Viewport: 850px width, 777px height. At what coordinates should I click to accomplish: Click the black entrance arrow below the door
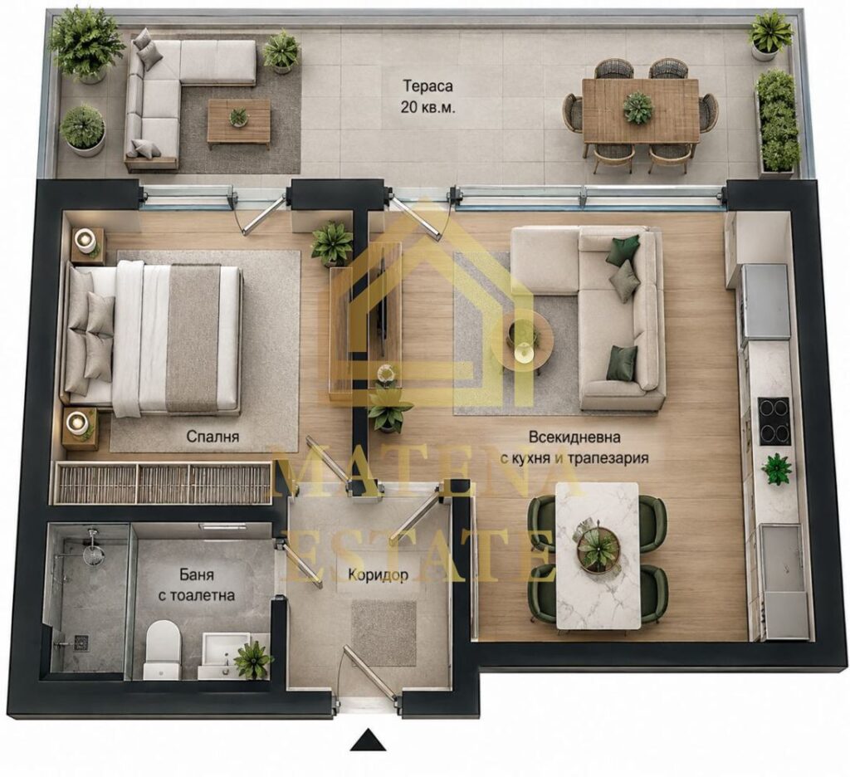tap(368, 740)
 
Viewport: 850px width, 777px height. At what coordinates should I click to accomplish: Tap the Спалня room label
tap(212, 437)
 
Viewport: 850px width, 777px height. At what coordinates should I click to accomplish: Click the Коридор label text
tap(378, 574)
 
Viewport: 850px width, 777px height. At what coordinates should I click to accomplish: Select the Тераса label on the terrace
tap(427, 86)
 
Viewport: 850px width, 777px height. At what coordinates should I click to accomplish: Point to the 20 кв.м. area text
tap(427, 107)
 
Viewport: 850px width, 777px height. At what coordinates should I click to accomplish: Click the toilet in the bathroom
tap(162, 649)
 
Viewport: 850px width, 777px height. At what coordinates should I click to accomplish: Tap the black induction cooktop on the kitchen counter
tap(774, 421)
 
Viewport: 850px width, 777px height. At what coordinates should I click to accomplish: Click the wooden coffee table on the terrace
tap(239, 123)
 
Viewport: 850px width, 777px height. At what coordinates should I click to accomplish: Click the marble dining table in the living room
tap(598, 556)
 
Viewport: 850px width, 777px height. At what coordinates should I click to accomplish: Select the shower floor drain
tap(81, 642)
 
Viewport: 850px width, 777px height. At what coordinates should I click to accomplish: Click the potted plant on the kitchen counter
tap(776, 468)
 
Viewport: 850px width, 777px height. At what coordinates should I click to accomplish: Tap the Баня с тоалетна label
tap(196, 584)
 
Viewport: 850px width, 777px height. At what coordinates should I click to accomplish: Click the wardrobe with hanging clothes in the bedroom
tap(164, 482)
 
